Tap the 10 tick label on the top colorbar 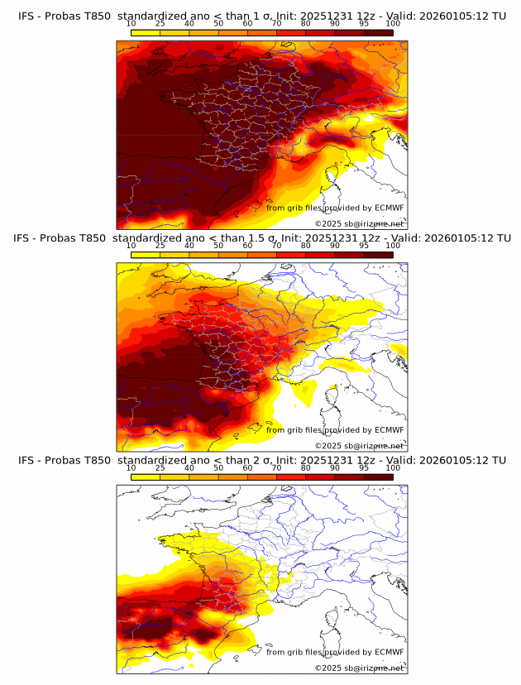131,24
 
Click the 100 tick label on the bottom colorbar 393,467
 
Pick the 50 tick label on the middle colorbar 218,246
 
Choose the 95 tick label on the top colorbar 364,24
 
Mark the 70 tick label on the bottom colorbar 276,467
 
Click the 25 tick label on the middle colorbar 160,246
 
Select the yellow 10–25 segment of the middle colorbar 146,254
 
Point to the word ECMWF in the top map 389,208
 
